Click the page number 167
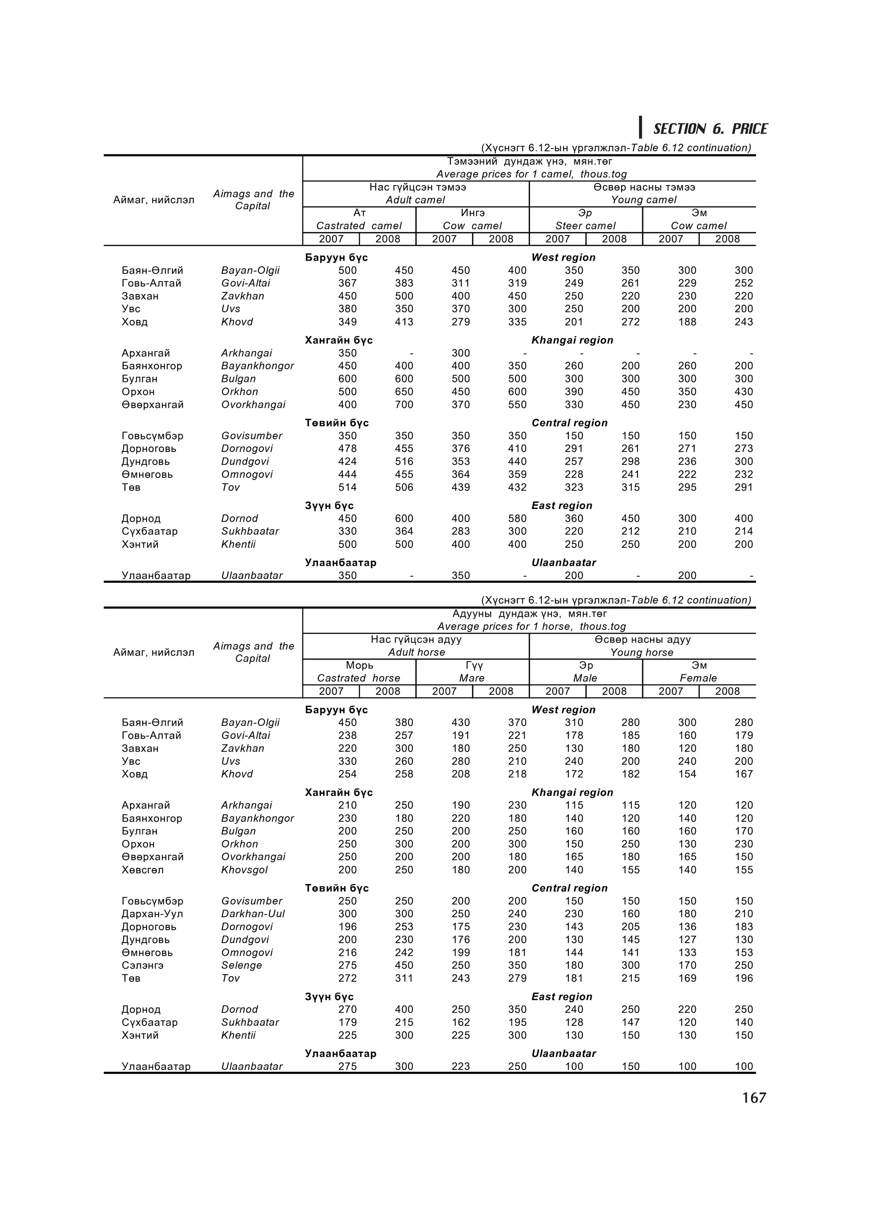tap(754, 1098)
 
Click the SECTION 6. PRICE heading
tap(710, 129)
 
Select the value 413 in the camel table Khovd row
tap(404, 322)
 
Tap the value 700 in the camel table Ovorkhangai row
tap(404, 404)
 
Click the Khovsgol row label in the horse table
tap(244, 870)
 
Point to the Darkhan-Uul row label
tap(252, 913)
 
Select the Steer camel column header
tap(585, 225)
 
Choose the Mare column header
tap(472, 678)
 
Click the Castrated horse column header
tap(359, 678)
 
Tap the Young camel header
tap(643, 200)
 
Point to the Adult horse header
tap(416, 652)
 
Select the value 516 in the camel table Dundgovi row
tap(404, 461)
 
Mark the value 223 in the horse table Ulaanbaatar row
tap(460, 1066)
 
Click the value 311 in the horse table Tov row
tap(404, 978)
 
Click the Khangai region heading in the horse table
tap(572, 792)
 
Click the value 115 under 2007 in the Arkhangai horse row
tap(573, 805)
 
